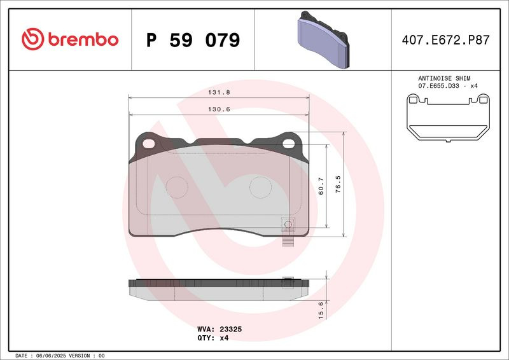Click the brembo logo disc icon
coord(32,39)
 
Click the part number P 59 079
coord(193,40)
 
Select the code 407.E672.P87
coord(445,40)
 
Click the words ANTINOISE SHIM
coord(444,78)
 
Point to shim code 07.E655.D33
coord(438,86)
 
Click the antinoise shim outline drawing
coord(448,118)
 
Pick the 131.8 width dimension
coord(219,92)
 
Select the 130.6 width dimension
coord(219,109)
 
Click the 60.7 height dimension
coord(321,186)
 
